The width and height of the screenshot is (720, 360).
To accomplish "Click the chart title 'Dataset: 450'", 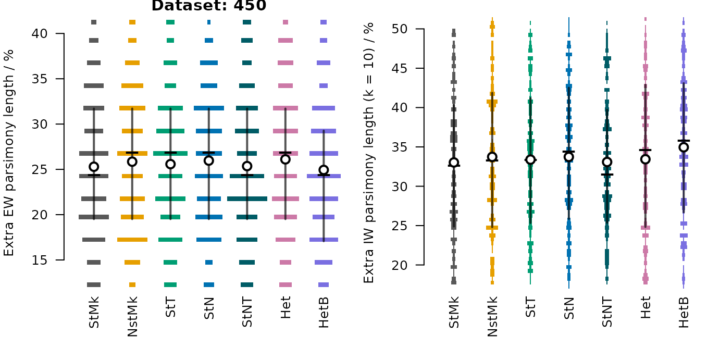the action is (209, 5).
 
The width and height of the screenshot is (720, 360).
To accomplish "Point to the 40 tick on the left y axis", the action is (60, 33).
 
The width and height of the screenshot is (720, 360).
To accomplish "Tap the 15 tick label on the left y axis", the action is (40, 260).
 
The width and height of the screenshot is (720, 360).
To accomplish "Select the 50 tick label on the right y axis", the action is (400, 29).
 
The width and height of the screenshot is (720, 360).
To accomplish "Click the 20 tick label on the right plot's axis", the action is (400, 265).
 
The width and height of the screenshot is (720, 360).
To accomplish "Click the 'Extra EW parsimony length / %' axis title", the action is (9, 153).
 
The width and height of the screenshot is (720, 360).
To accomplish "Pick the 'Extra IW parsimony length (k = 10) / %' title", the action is (369, 153).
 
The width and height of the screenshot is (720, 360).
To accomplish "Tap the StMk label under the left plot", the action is (94, 312).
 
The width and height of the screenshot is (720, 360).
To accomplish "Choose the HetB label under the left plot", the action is (324, 312).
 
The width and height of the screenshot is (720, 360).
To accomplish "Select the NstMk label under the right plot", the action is (492, 317).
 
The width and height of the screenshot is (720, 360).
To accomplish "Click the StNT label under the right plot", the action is (607, 312).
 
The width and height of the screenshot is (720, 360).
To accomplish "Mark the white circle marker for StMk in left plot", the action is (94, 167).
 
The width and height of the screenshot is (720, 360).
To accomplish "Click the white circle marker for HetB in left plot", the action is (324, 170).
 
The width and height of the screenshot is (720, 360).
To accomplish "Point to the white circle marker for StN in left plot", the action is (209, 160).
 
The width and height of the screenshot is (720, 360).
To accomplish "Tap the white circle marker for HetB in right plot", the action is (684, 147).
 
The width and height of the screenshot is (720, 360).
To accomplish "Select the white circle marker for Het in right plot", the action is (645, 159).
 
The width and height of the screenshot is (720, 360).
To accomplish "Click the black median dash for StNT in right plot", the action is (607, 175).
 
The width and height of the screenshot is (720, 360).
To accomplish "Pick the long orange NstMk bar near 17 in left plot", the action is (132, 240).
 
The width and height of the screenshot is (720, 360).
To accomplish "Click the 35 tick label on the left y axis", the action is (40, 79).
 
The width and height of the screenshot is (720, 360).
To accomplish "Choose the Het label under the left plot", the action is (285, 307).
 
